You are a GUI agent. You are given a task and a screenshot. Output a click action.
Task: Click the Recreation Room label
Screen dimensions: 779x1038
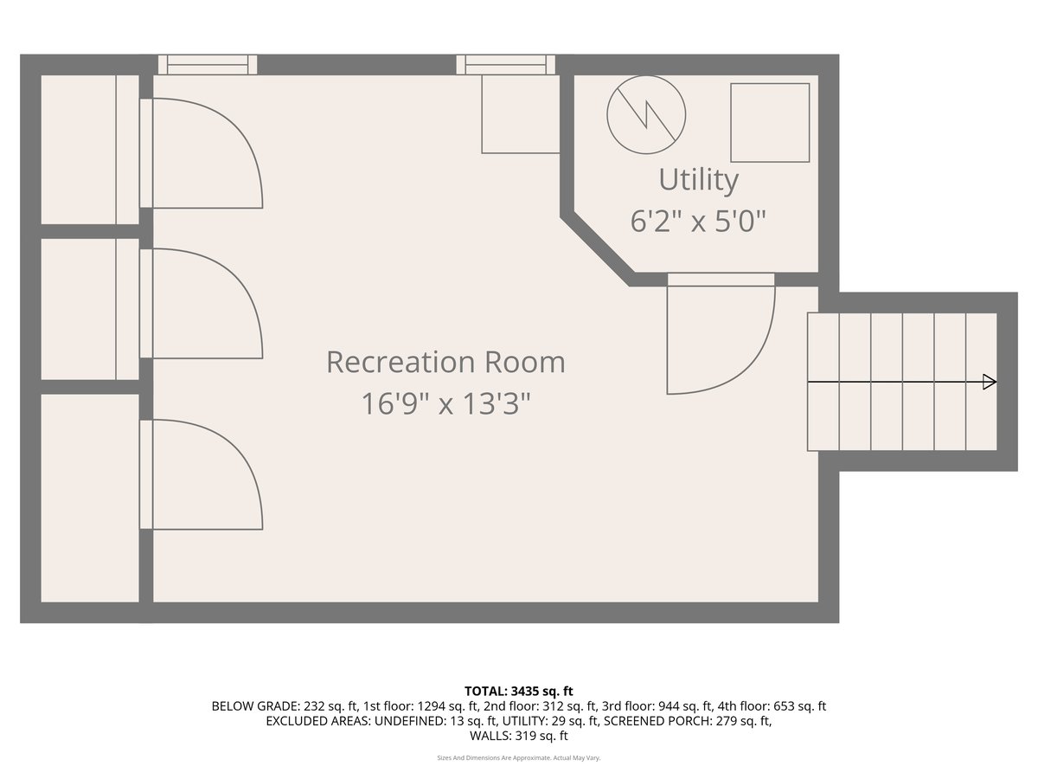(x=445, y=362)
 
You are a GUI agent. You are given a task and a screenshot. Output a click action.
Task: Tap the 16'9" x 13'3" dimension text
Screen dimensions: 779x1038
(x=445, y=403)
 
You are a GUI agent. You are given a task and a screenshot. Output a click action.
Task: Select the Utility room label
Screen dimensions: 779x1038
(x=699, y=180)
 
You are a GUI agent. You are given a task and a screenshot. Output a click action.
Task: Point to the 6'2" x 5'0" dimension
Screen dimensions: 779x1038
(x=699, y=221)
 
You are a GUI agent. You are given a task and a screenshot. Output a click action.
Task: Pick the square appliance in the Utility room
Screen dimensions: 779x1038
(x=770, y=122)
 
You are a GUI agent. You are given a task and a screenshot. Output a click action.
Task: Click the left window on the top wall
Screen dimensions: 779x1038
(x=208, y=64)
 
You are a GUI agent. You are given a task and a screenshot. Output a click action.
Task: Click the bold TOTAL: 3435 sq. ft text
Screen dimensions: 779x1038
(x=519, y=691)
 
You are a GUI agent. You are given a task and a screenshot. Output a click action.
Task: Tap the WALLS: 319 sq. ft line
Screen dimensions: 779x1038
(x=519, y=737)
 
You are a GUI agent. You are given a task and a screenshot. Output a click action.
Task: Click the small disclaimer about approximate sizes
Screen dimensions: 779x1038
(x=519, y=758)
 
